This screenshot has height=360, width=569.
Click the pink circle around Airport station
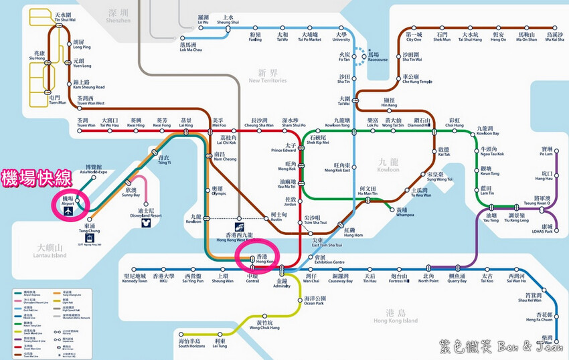(70, 203)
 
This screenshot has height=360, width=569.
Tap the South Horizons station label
(191, 344)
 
